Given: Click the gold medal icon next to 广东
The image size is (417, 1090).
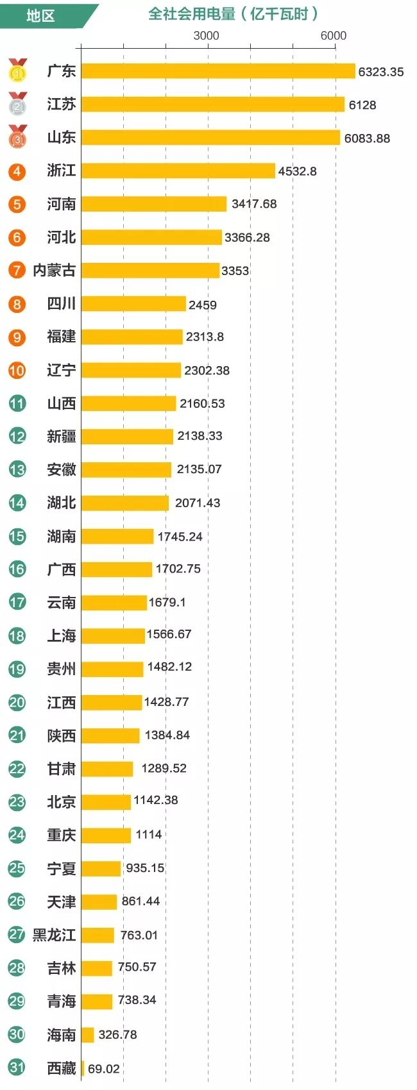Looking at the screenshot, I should click(x=18, y=71).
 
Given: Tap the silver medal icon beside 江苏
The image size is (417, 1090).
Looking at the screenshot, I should click(x=18, y=104).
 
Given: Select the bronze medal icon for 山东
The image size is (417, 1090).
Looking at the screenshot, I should click(x=18, y=137).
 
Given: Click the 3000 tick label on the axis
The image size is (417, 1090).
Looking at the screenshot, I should click(x=206, y=36).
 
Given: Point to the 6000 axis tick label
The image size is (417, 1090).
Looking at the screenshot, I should click(x=333, y=36).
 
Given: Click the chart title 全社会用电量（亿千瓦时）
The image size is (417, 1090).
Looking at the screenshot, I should click(x=233, y=14).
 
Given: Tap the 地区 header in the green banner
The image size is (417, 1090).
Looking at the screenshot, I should click(x=40, y=15).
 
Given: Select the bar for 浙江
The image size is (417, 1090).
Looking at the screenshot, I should click(x=178, y=171).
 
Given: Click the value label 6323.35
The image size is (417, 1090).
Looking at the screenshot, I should click(x=380, y=72).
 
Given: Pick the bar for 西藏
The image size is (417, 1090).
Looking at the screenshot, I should click(x=83, y=1068).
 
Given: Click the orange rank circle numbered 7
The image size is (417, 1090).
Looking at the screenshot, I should click(x=17, y=270).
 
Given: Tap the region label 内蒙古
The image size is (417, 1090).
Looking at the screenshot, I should click(x=54, y=270).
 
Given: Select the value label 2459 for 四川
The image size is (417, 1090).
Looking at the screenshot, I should click(x=202, y=305).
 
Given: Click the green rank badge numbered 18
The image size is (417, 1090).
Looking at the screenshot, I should click(x=17, y=635).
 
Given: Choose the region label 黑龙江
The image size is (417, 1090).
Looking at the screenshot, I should click(x=54, y=935).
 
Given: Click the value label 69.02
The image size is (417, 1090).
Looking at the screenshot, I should click(x=103, y=1069).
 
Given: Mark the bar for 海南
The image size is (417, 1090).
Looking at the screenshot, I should click(x=87, y=1035).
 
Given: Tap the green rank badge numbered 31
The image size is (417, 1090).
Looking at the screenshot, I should click(x=17, y=1068).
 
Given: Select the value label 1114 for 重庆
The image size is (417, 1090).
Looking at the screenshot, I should click(x=148, y=835).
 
